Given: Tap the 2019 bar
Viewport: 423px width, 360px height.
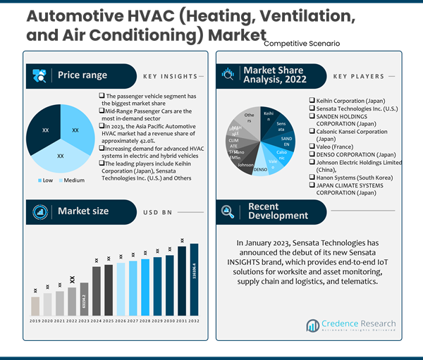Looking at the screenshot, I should point(35,304).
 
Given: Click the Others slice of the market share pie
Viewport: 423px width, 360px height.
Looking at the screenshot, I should point(249,118).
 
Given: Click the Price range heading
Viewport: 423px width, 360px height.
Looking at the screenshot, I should point(82,75).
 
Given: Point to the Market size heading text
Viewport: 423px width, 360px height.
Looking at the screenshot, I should point(83,211).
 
